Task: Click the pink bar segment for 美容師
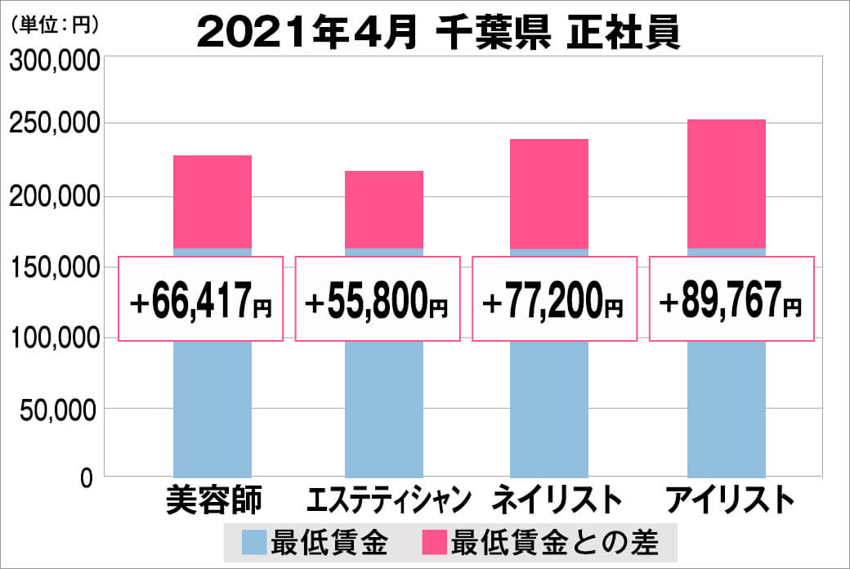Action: tap(212, 201)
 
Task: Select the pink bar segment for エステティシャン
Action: tap(384, 209)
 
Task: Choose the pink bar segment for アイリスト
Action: tap(727, 184)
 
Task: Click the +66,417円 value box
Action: tap(201, 298)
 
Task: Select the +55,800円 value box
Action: tap(377, 298)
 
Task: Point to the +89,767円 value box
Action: tap(731, 298)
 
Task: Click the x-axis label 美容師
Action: tap(212, 499)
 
